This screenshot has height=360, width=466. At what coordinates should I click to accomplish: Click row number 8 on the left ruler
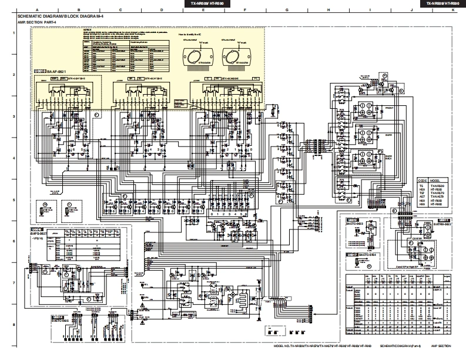click(14, 324)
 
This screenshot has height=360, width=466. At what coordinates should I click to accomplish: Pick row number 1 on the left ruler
click(14, 34)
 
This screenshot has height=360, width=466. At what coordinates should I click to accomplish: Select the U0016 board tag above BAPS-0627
click(36, 229)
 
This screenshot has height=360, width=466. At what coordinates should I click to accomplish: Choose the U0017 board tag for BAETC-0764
click(352, 255)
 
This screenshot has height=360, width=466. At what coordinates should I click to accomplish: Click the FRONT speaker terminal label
click(388, 108)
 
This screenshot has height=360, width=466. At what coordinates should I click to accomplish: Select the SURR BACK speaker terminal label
click(388, 156)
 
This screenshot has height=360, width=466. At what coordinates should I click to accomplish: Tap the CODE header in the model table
click(423, 180)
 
